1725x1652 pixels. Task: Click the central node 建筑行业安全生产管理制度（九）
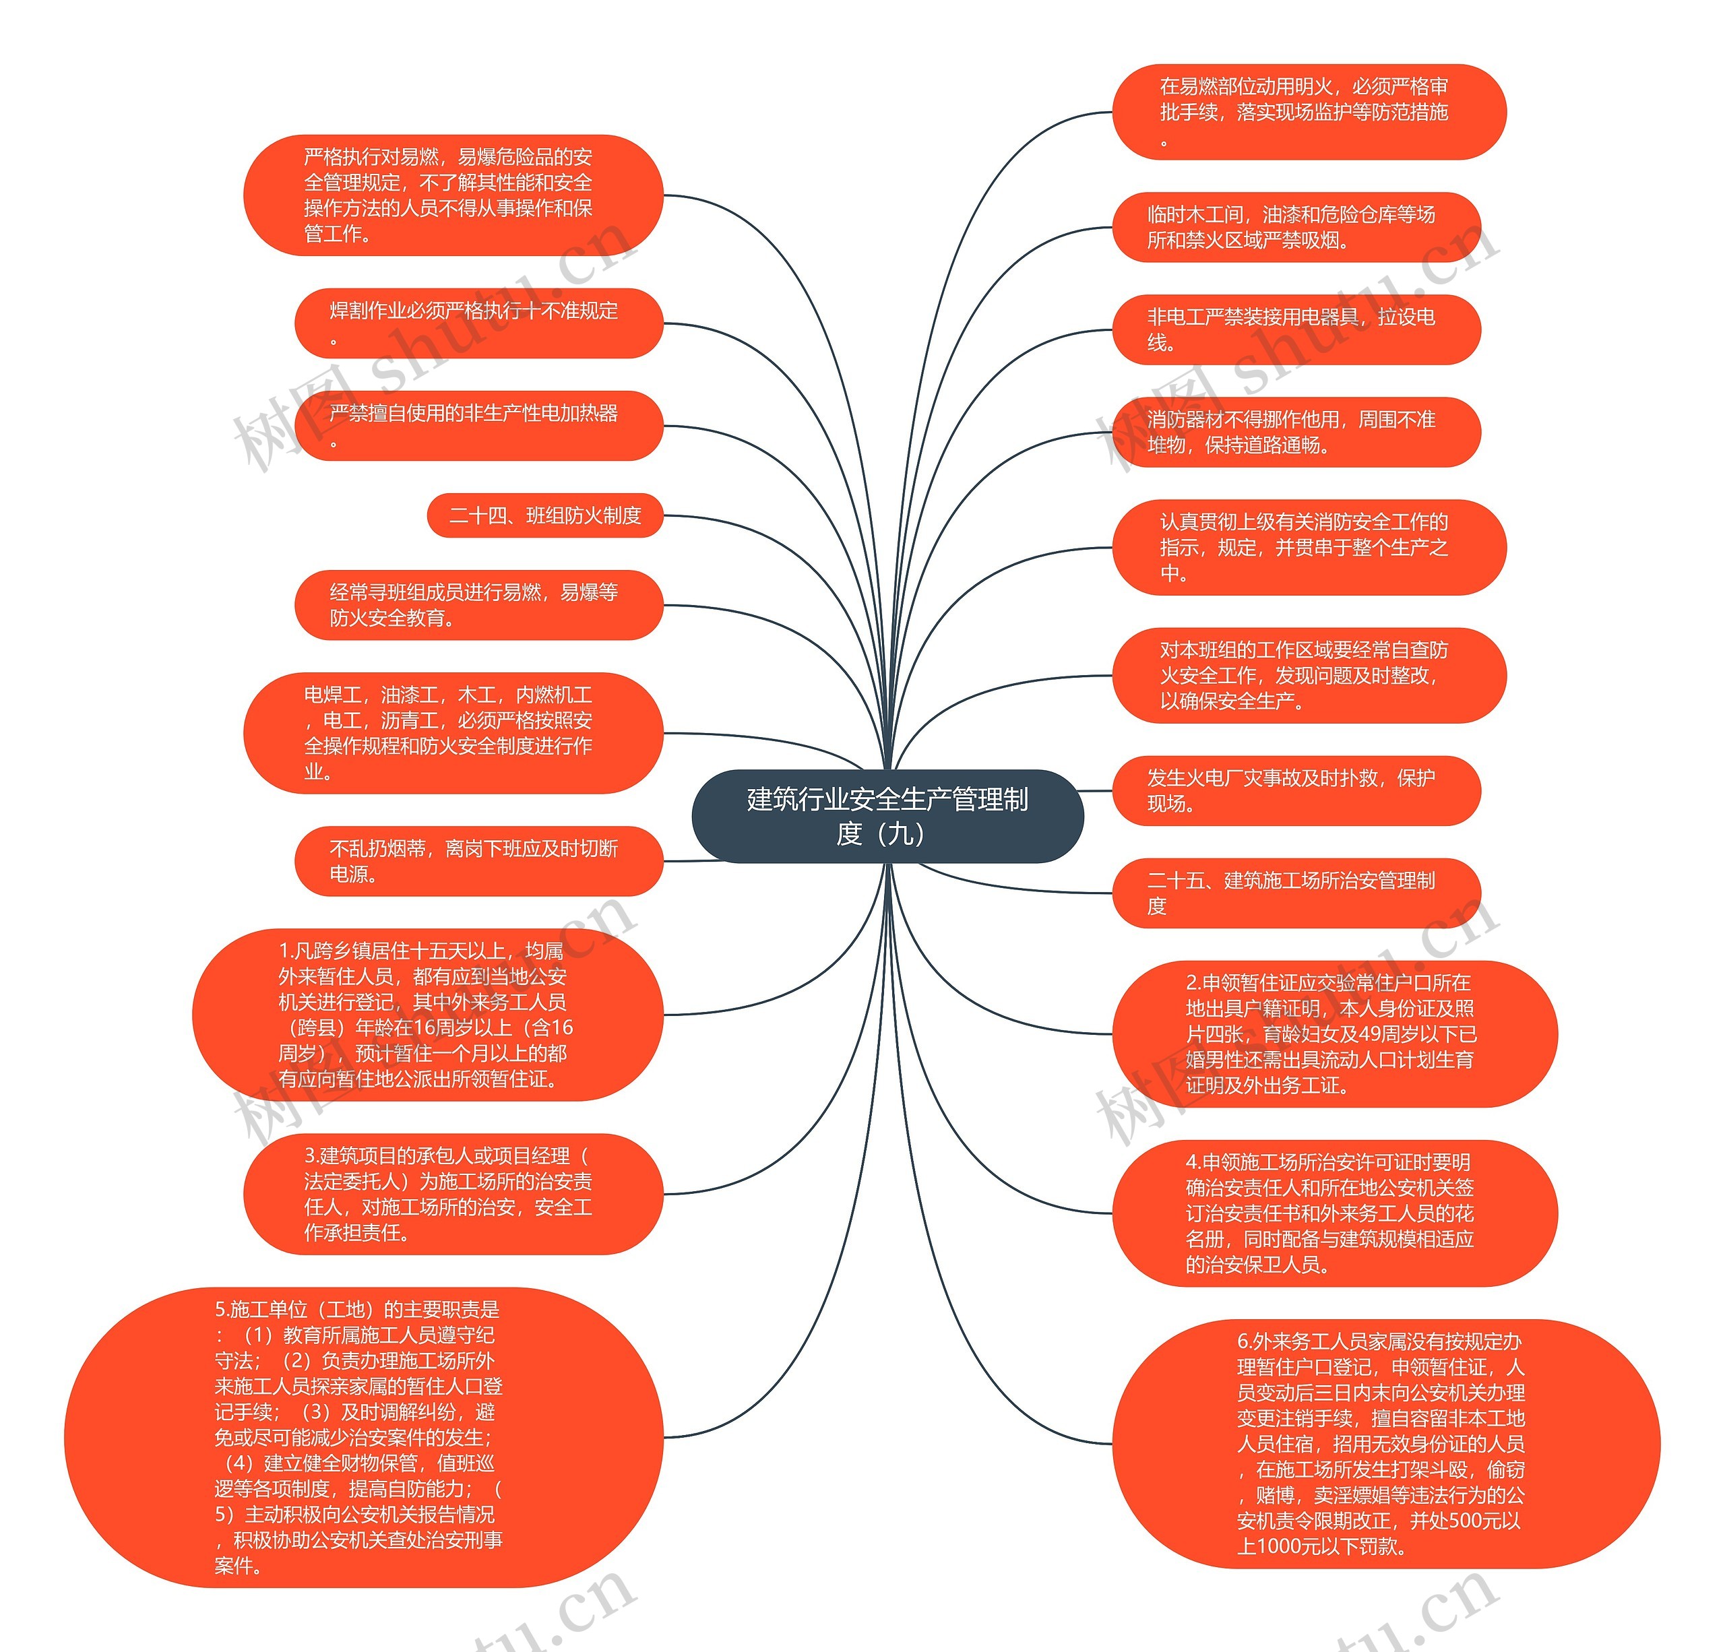(887, 816)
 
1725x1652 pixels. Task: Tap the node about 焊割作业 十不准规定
(478, 323)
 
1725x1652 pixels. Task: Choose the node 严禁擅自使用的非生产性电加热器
(478, 426)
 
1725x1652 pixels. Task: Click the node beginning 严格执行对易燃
(452, 195)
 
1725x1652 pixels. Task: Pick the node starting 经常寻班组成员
(478, 606)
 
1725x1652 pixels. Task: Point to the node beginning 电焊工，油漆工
(452, 733)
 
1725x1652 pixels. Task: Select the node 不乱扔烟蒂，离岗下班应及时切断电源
(478, 862)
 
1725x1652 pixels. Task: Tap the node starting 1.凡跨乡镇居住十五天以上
(427, 1015)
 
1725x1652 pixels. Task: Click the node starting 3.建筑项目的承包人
(452, 1195)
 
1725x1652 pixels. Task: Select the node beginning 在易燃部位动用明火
(1309, 112)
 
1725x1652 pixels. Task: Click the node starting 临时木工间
(1296, 227)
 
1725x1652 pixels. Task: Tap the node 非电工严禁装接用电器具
(1296, 330)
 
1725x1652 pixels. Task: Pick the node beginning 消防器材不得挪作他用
(1296, 432)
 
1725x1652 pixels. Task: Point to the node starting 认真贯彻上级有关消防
(1309, 548)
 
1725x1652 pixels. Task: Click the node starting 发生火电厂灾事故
(1296, 790)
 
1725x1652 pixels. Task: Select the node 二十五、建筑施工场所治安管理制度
(1296, 893)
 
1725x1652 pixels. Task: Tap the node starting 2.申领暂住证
(1334, 1034)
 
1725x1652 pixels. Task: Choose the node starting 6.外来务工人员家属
(1386, 1444)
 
